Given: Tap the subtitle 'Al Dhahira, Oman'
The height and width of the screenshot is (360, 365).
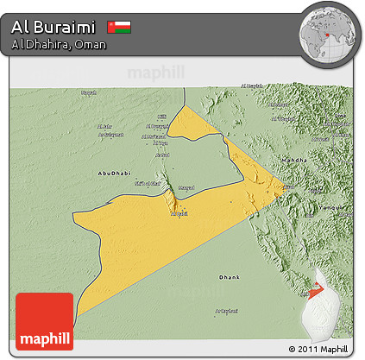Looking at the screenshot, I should tap(59, 44).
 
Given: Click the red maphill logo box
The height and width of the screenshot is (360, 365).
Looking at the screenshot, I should tap(44, 320).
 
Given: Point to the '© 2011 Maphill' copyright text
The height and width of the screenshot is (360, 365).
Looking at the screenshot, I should tap(319, 349).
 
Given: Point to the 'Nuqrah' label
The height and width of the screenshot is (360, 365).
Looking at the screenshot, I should tap(88, 92).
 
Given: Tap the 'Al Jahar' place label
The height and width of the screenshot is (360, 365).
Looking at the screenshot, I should tap(104, 127).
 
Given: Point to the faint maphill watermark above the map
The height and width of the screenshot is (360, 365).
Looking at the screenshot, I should tap(156, 73).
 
